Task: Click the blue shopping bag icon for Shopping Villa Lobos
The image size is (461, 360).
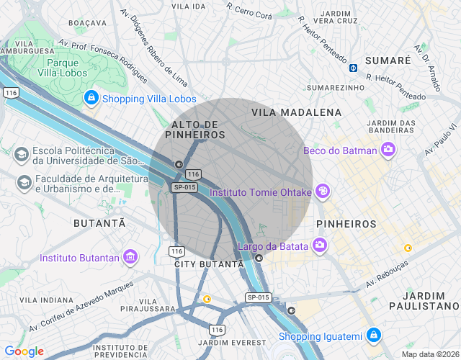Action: pos(91,98)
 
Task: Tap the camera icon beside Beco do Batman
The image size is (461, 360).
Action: pos(389,150)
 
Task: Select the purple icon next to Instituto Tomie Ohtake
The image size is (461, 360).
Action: pos(323,192)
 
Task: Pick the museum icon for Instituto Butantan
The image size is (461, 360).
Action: pos(130,257)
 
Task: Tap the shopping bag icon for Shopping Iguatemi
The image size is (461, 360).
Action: pos(373,336)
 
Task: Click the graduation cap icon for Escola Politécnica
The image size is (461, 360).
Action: pos(22,155)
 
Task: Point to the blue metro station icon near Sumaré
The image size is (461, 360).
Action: pos(354,68)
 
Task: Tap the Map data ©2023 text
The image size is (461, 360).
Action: pos(429,354)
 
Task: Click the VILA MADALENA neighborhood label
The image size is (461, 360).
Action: pos(296,112)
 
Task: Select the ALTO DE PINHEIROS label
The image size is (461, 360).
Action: pos(194,130)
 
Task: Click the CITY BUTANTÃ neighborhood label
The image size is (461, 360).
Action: pos(209,264)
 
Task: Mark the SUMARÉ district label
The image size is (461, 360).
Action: pos(388,60)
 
